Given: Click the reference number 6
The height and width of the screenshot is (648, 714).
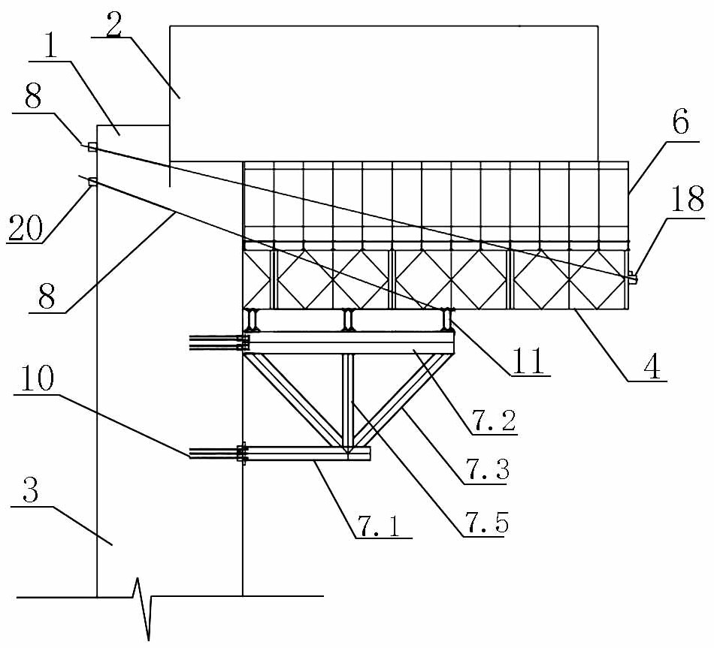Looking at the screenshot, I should [679, 121].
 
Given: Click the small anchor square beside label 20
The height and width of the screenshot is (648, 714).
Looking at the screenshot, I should [92, 181].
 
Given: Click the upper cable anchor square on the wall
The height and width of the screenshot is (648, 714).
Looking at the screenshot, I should [92, 147].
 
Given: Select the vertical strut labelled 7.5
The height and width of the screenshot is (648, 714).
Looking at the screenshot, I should [347, 398].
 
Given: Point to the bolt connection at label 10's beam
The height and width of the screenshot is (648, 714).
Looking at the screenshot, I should [242, 453].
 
